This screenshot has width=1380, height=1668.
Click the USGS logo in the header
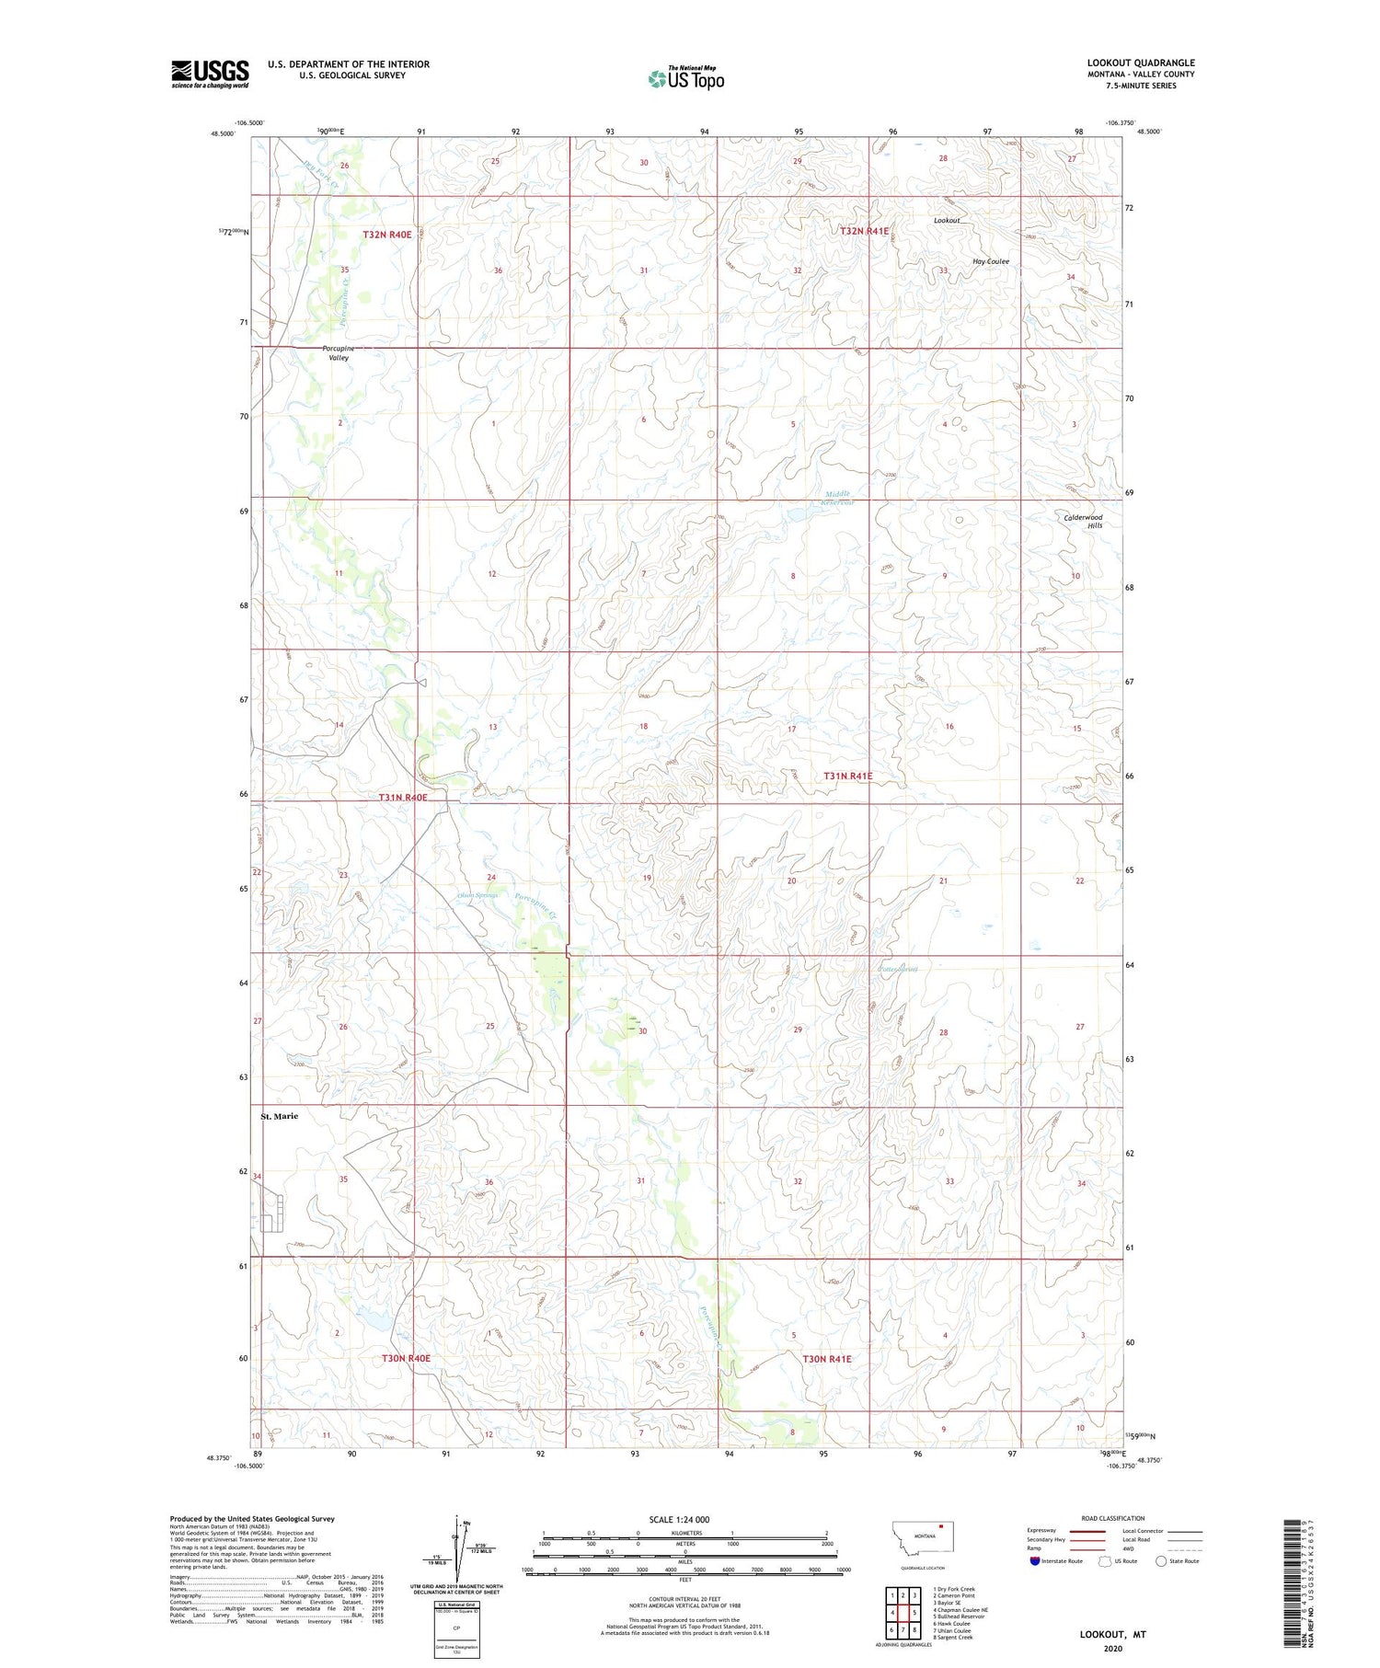(x=210, y=73)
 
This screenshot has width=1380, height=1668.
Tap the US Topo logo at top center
(x=686, y=78)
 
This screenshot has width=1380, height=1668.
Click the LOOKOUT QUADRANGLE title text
(x=1140, y=63)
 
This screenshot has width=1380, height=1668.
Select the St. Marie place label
(x=280, y=1116)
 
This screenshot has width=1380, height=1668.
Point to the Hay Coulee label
(x=991, y=261)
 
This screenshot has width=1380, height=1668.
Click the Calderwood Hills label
(x=1084, y=521)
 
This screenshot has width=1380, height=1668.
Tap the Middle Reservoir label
(x=839, y=498)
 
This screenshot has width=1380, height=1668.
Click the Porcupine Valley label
(x=337, y=352)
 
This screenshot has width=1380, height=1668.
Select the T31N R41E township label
(x=847, y=776)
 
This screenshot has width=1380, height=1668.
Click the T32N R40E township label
(x=386, y=235)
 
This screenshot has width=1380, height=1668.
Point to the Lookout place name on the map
(x=946, y=221)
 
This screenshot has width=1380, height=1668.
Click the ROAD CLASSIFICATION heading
(x=1112, y=1518)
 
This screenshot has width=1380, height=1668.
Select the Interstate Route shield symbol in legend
(x=1035, y=1560)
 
